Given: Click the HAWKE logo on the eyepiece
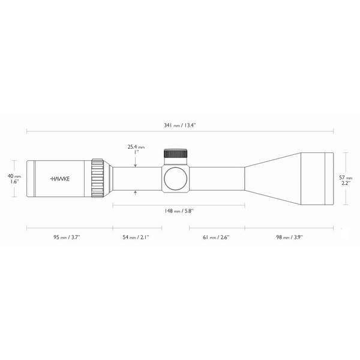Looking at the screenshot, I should (58, 179).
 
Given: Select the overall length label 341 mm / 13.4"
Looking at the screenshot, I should (180, 125).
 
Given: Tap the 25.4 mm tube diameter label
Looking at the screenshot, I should (136, 146).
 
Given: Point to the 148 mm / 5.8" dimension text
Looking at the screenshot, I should (179, 211).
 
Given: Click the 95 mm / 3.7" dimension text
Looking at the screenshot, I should (65, 238).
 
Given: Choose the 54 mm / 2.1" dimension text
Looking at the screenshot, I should (136, 238).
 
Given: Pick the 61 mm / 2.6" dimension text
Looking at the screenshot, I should (216, 238).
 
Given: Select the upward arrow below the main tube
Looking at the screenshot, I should (136, 193).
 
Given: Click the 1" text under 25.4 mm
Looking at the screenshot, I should (136, 152).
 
